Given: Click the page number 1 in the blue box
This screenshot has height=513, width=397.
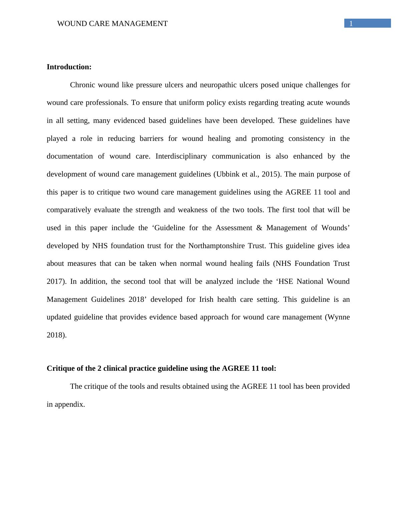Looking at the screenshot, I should [x=351, y=23].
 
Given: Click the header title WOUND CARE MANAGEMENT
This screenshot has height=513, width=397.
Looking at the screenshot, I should [x=112, y=24].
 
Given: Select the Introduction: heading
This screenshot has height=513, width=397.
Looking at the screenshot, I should [x=69, y=67].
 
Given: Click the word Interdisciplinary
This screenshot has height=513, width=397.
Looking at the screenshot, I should [x=181, y=156].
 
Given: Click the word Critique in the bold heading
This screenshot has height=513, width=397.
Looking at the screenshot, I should [x=59, y=368].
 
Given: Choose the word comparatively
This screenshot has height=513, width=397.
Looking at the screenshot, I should [x=69, y=210].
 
